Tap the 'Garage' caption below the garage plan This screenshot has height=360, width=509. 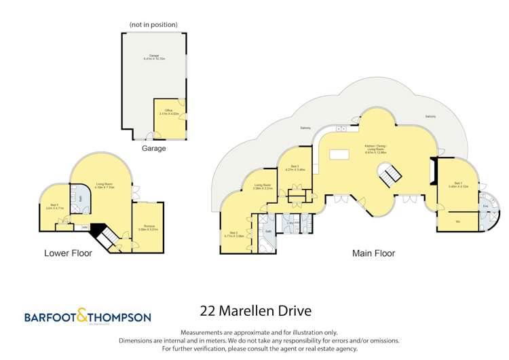tap(153, 147)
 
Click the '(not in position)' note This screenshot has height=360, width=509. tap(153, 24)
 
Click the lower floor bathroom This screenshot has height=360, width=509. tap(79, 198)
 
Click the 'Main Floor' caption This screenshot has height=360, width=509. tap(373, 253)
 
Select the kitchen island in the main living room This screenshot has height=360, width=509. tap(340, 155)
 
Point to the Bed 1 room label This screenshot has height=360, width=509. tap(457, 184)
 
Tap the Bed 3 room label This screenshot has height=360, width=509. tap(295, 167)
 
